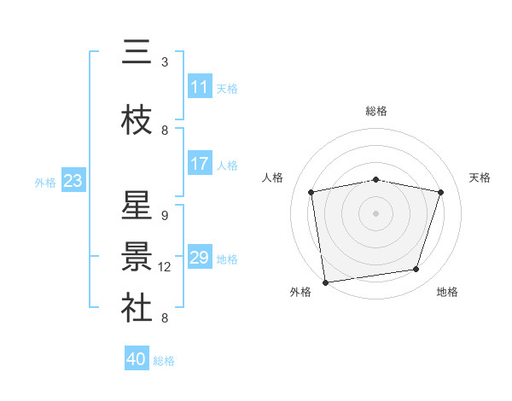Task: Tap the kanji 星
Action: tap(137, 207)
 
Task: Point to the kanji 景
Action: tap(137, 257)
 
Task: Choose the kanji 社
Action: tap(137, 308)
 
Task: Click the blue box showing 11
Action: tap(200, 87)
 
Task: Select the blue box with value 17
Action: tap(200, 165)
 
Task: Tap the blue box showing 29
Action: tap(200, 258)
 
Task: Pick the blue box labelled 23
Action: tap(73, 181)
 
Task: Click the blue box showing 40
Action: tap(137, 359)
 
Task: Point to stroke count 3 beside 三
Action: tap(165, 62)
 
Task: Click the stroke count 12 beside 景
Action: tap(166, 266)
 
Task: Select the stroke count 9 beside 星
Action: tap(165, 216)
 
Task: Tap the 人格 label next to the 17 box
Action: tap(227, 166)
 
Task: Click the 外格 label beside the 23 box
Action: tap(45, 182)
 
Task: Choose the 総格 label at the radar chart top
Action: tap(376, 111)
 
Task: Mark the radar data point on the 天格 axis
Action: tap(441, 193)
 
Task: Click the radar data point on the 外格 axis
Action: tap(325, 282)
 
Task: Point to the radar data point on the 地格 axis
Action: tap(416, 270)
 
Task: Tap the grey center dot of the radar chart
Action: tap(376, 213)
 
